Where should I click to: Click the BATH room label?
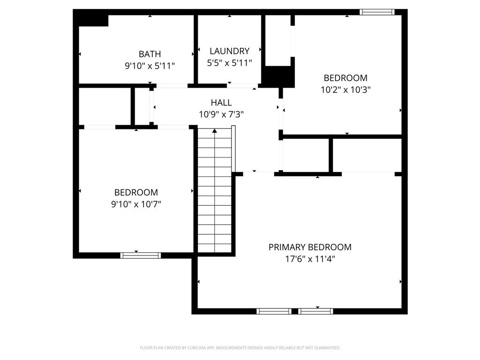[150, 54]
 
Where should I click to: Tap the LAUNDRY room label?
[229, 51]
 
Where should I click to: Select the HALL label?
[221, 103]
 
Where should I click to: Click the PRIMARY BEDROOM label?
[310, 247]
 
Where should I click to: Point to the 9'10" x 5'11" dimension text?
[150, 66]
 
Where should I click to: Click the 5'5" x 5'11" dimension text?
[229, 62]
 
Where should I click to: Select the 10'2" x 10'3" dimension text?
[345, 90]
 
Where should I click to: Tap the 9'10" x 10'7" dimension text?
[136, 204]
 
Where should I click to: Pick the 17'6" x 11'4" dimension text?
[310, 259]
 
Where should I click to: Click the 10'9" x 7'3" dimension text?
[221, 114]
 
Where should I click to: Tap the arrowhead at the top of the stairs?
[215, 131]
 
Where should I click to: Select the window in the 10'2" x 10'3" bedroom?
[377, 12]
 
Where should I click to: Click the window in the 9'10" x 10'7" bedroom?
[141, 255]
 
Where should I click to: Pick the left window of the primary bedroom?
[274, 311]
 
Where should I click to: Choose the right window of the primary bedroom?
[315, 311]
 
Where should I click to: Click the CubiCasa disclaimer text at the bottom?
[240, 348]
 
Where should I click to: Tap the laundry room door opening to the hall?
[241, 86]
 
